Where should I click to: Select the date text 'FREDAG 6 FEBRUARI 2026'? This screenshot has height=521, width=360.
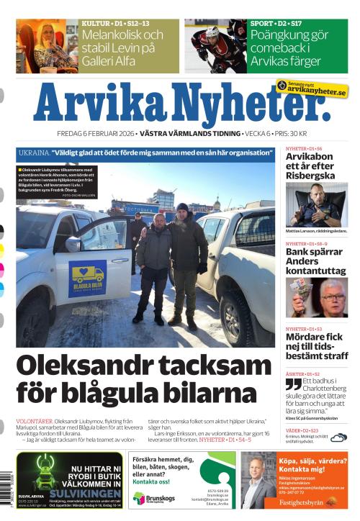click(x=96, y=135)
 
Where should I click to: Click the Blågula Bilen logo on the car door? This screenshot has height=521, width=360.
click(x=89, y=278)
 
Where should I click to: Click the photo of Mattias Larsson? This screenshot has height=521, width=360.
click(x=316, y=204)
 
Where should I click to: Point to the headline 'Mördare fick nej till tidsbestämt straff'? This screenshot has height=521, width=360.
click(x=316, y=346)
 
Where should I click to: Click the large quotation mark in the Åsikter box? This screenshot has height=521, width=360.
click(x=293, y=385)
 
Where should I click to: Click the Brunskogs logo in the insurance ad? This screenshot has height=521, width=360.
click(x=148, y=498)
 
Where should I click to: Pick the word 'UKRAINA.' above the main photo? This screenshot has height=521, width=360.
click(x=34, y=153)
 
